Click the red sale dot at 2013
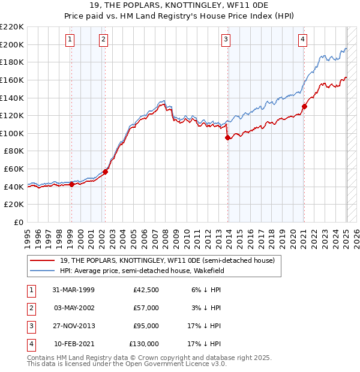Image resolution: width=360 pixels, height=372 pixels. pos(227,137)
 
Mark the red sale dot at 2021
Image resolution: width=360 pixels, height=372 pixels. pos(304,106)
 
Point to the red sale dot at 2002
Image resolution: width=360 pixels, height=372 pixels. pos(105,172)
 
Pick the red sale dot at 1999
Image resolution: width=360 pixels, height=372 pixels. pos(71,184)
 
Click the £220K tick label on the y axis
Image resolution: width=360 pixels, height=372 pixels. pos(12,27)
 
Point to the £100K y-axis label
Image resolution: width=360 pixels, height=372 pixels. pos(12,133)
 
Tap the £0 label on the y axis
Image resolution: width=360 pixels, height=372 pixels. pos(18,223)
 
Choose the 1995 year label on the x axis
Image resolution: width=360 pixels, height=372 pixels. pos(27,235)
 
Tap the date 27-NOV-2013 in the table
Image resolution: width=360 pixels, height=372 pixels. pos(73,326)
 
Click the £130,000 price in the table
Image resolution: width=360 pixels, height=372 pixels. pos(144,344)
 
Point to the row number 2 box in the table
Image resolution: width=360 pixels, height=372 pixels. pos(31,308)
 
